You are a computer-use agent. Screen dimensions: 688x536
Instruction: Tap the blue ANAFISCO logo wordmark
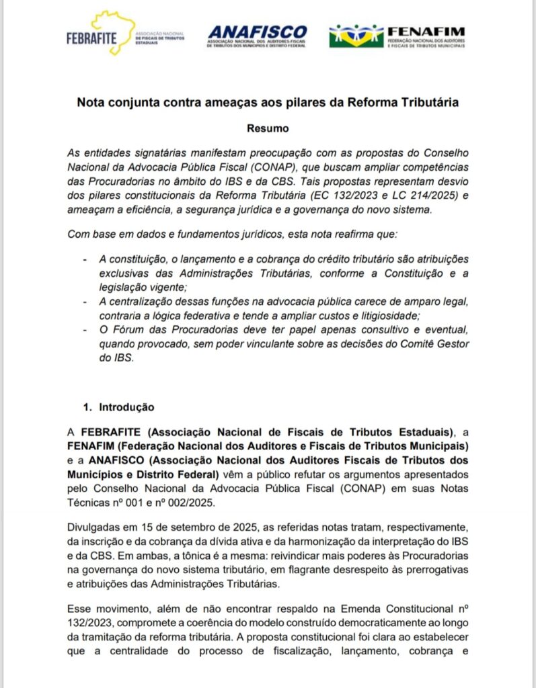tap(257, 32)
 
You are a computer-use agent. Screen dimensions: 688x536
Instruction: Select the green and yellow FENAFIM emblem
tap(356, 36)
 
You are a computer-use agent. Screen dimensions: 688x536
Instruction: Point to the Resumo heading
tap(268, 127)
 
